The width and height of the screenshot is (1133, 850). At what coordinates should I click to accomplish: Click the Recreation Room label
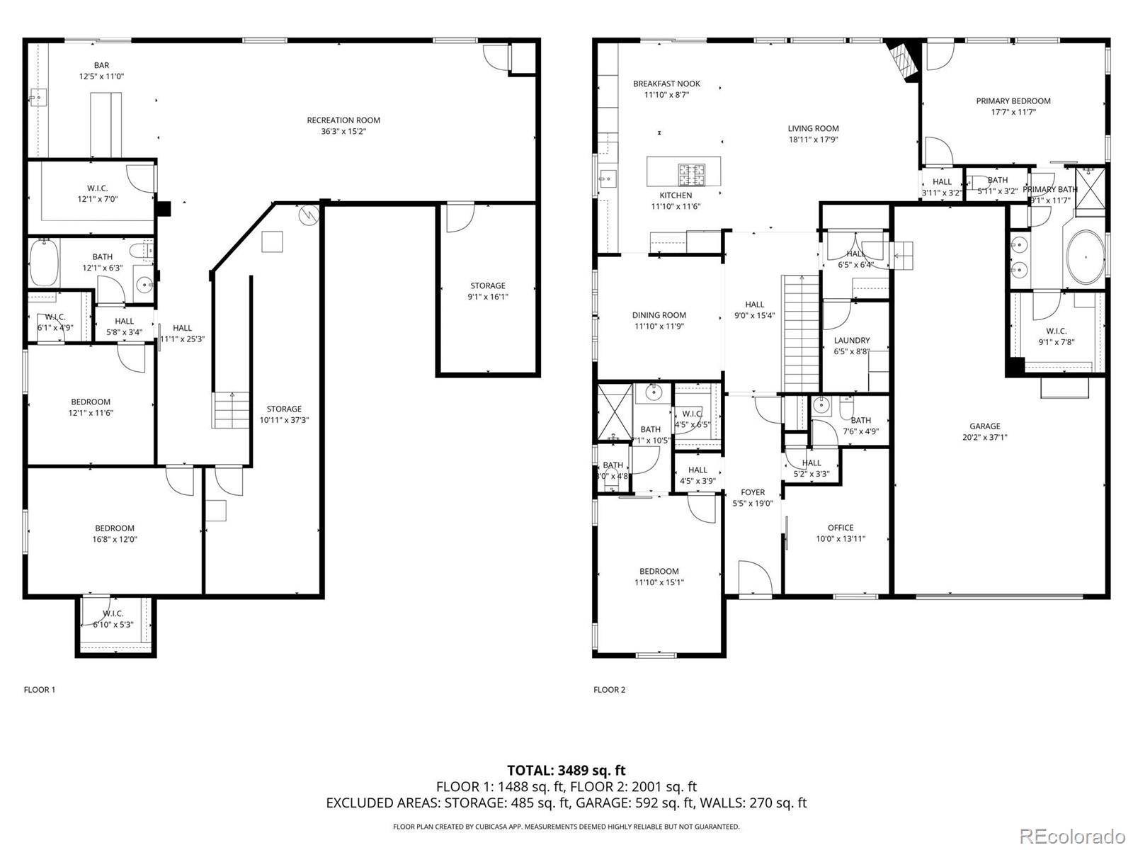[x=343, y=120]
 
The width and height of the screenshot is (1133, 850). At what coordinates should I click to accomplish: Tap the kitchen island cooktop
[x=692, y=171]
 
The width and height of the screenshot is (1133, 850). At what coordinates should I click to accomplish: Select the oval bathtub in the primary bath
[x=1085, y=256]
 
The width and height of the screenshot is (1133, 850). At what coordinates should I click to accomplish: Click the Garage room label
[x=984, y=426]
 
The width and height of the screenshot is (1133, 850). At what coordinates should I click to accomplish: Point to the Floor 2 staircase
[x=800, y=333]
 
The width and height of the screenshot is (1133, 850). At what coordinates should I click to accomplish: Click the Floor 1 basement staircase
[x=232, y=409]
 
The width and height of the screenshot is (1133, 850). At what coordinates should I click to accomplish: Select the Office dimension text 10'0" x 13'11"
[x=841, y=539]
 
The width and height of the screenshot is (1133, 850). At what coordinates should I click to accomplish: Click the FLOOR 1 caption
[x=40, y=690]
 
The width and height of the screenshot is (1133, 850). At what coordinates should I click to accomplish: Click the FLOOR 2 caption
[x=610, y=690]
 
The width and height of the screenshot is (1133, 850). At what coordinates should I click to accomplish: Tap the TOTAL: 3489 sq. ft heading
[x=566, y=770]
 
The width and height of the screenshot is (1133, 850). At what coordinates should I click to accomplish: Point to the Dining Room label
[x=659, y=315]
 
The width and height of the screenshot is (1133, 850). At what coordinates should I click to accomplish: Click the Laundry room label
[x=852, y=341]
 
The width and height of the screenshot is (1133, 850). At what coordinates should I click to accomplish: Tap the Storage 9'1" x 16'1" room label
[x=488, y=286]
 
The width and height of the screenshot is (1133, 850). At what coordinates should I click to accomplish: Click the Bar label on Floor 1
[x=101, y=65]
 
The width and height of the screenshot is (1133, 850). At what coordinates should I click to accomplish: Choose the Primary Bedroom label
[x=1013, y=101]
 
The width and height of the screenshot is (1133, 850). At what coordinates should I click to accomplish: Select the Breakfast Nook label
[x=666, y=84]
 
